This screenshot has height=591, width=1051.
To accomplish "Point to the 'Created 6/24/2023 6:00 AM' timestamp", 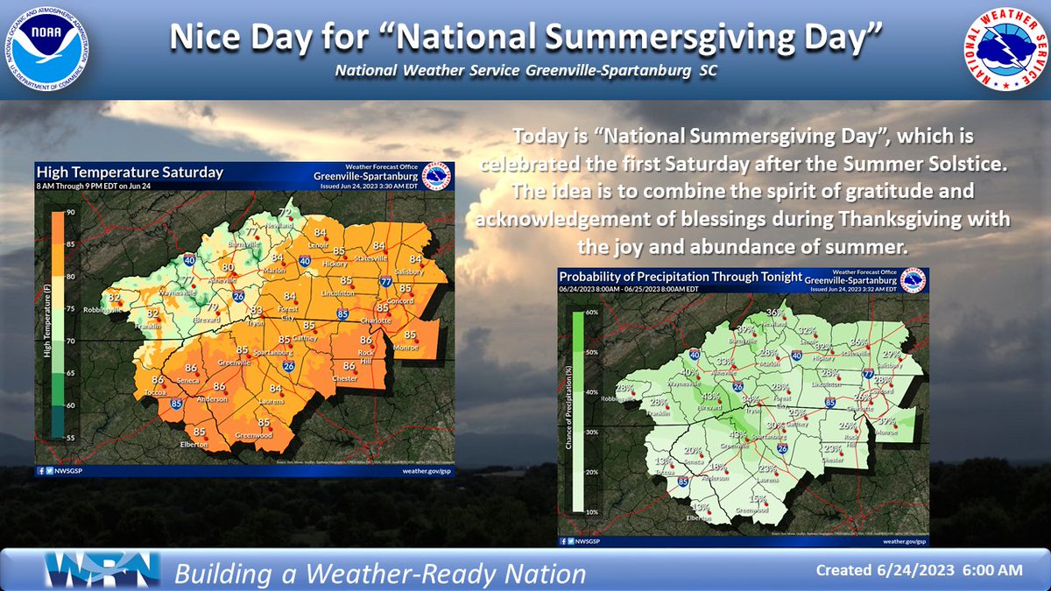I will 919,570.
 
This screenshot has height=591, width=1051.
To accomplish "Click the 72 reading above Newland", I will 284,212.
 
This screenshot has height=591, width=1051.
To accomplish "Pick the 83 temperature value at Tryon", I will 257,311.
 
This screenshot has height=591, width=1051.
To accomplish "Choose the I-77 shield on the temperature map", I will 386,281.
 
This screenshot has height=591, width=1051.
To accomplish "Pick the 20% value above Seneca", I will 692,449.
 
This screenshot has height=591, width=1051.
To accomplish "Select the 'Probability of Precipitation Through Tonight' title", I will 681,276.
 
